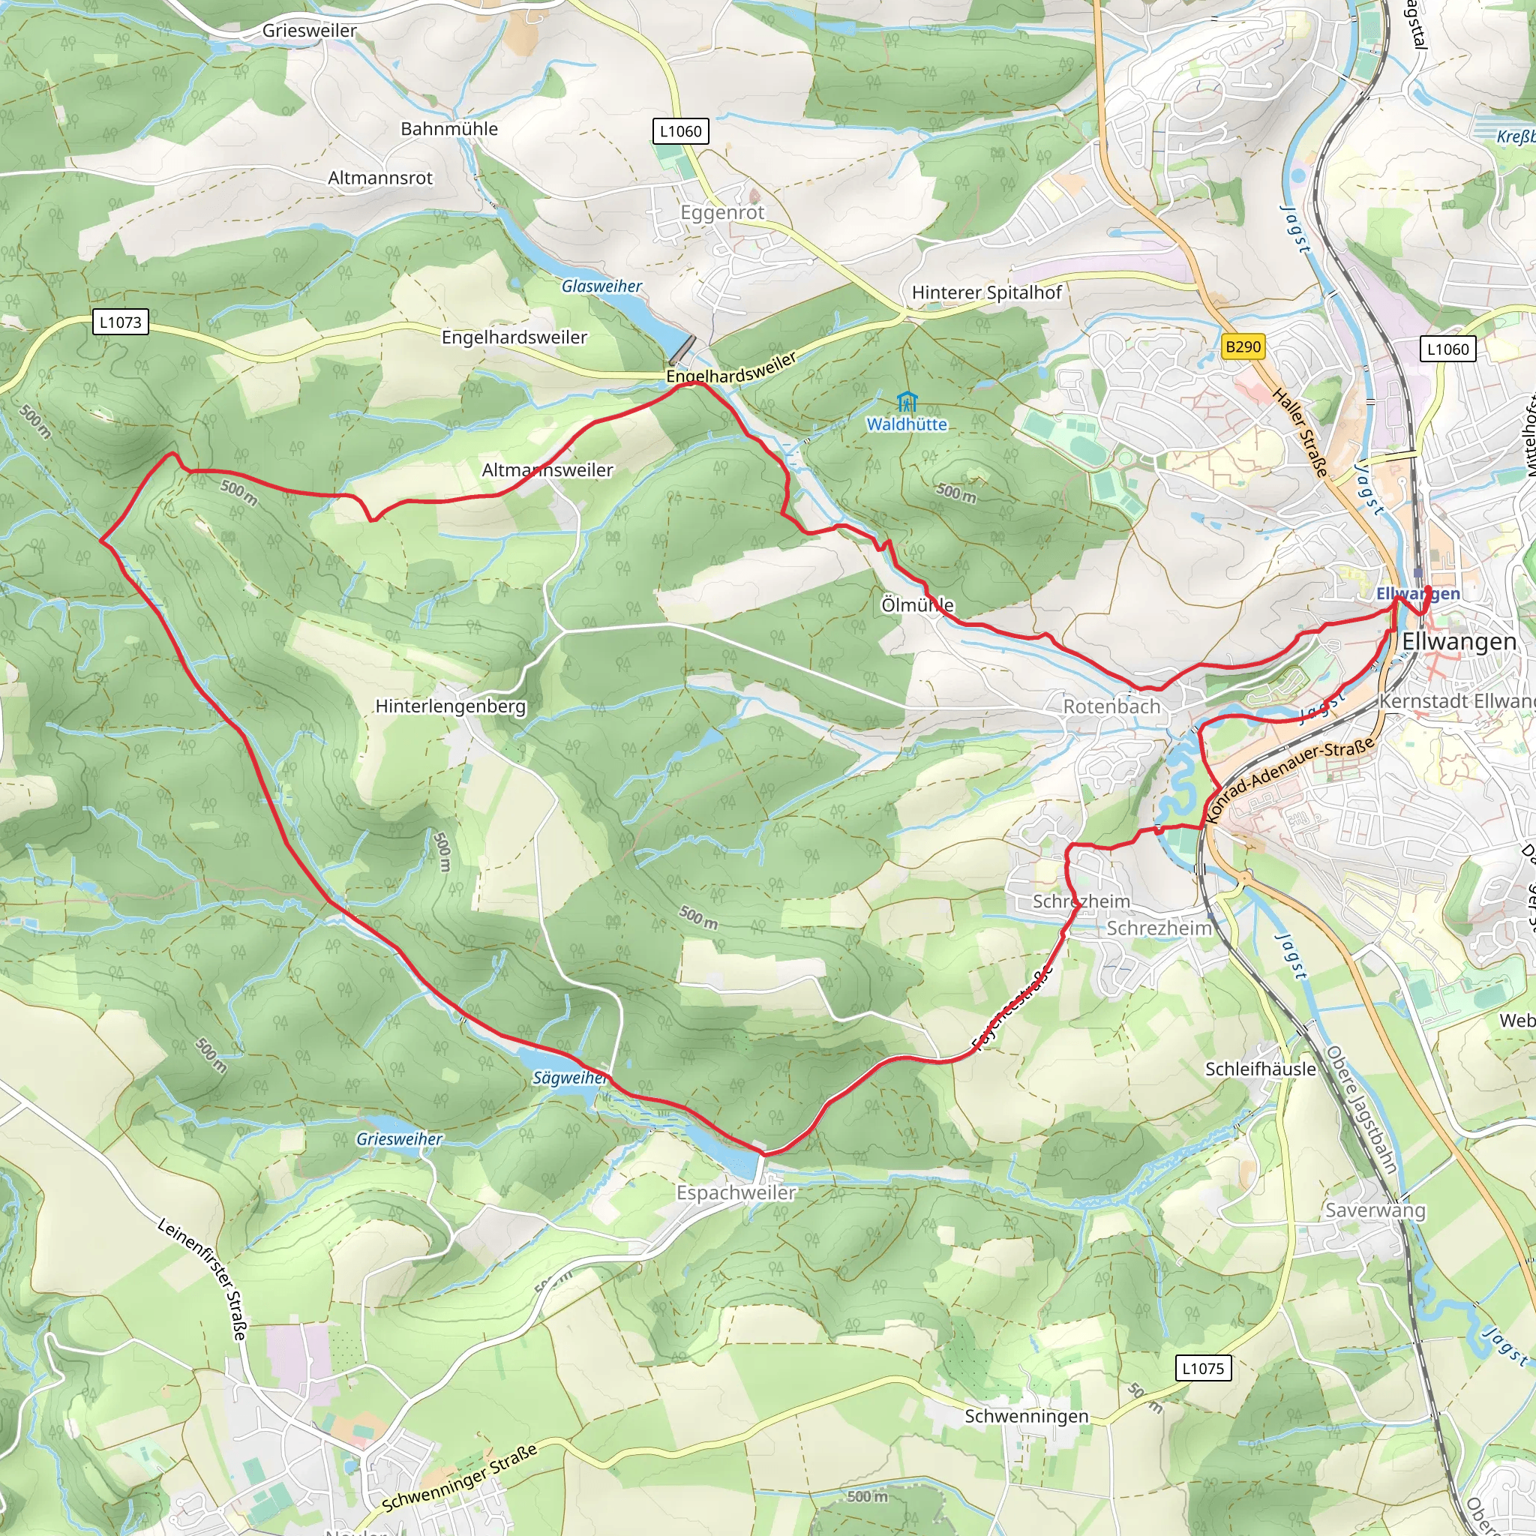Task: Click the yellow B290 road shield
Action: coord(1243,346)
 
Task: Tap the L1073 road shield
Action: coord(120,322)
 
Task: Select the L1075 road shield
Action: coord(1203,1368)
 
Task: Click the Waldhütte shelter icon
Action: coord(905,401)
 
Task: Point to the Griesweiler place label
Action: coord(309,30)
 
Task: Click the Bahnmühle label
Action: coord(449,129)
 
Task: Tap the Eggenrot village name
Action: coord(722,212)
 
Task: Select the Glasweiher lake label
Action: coord(601,286)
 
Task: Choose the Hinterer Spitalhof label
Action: coord(985,292)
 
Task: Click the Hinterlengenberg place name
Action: coord(450,706)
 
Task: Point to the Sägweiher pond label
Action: coord(569,1078)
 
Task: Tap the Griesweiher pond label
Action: coord(399,1139)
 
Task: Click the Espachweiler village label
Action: coord(736,1192)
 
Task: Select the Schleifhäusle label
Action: coord(1260,1069)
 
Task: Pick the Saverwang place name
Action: coord(1375,1210)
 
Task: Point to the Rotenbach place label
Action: coord(1111,706)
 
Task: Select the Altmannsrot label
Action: coord(380,178)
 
